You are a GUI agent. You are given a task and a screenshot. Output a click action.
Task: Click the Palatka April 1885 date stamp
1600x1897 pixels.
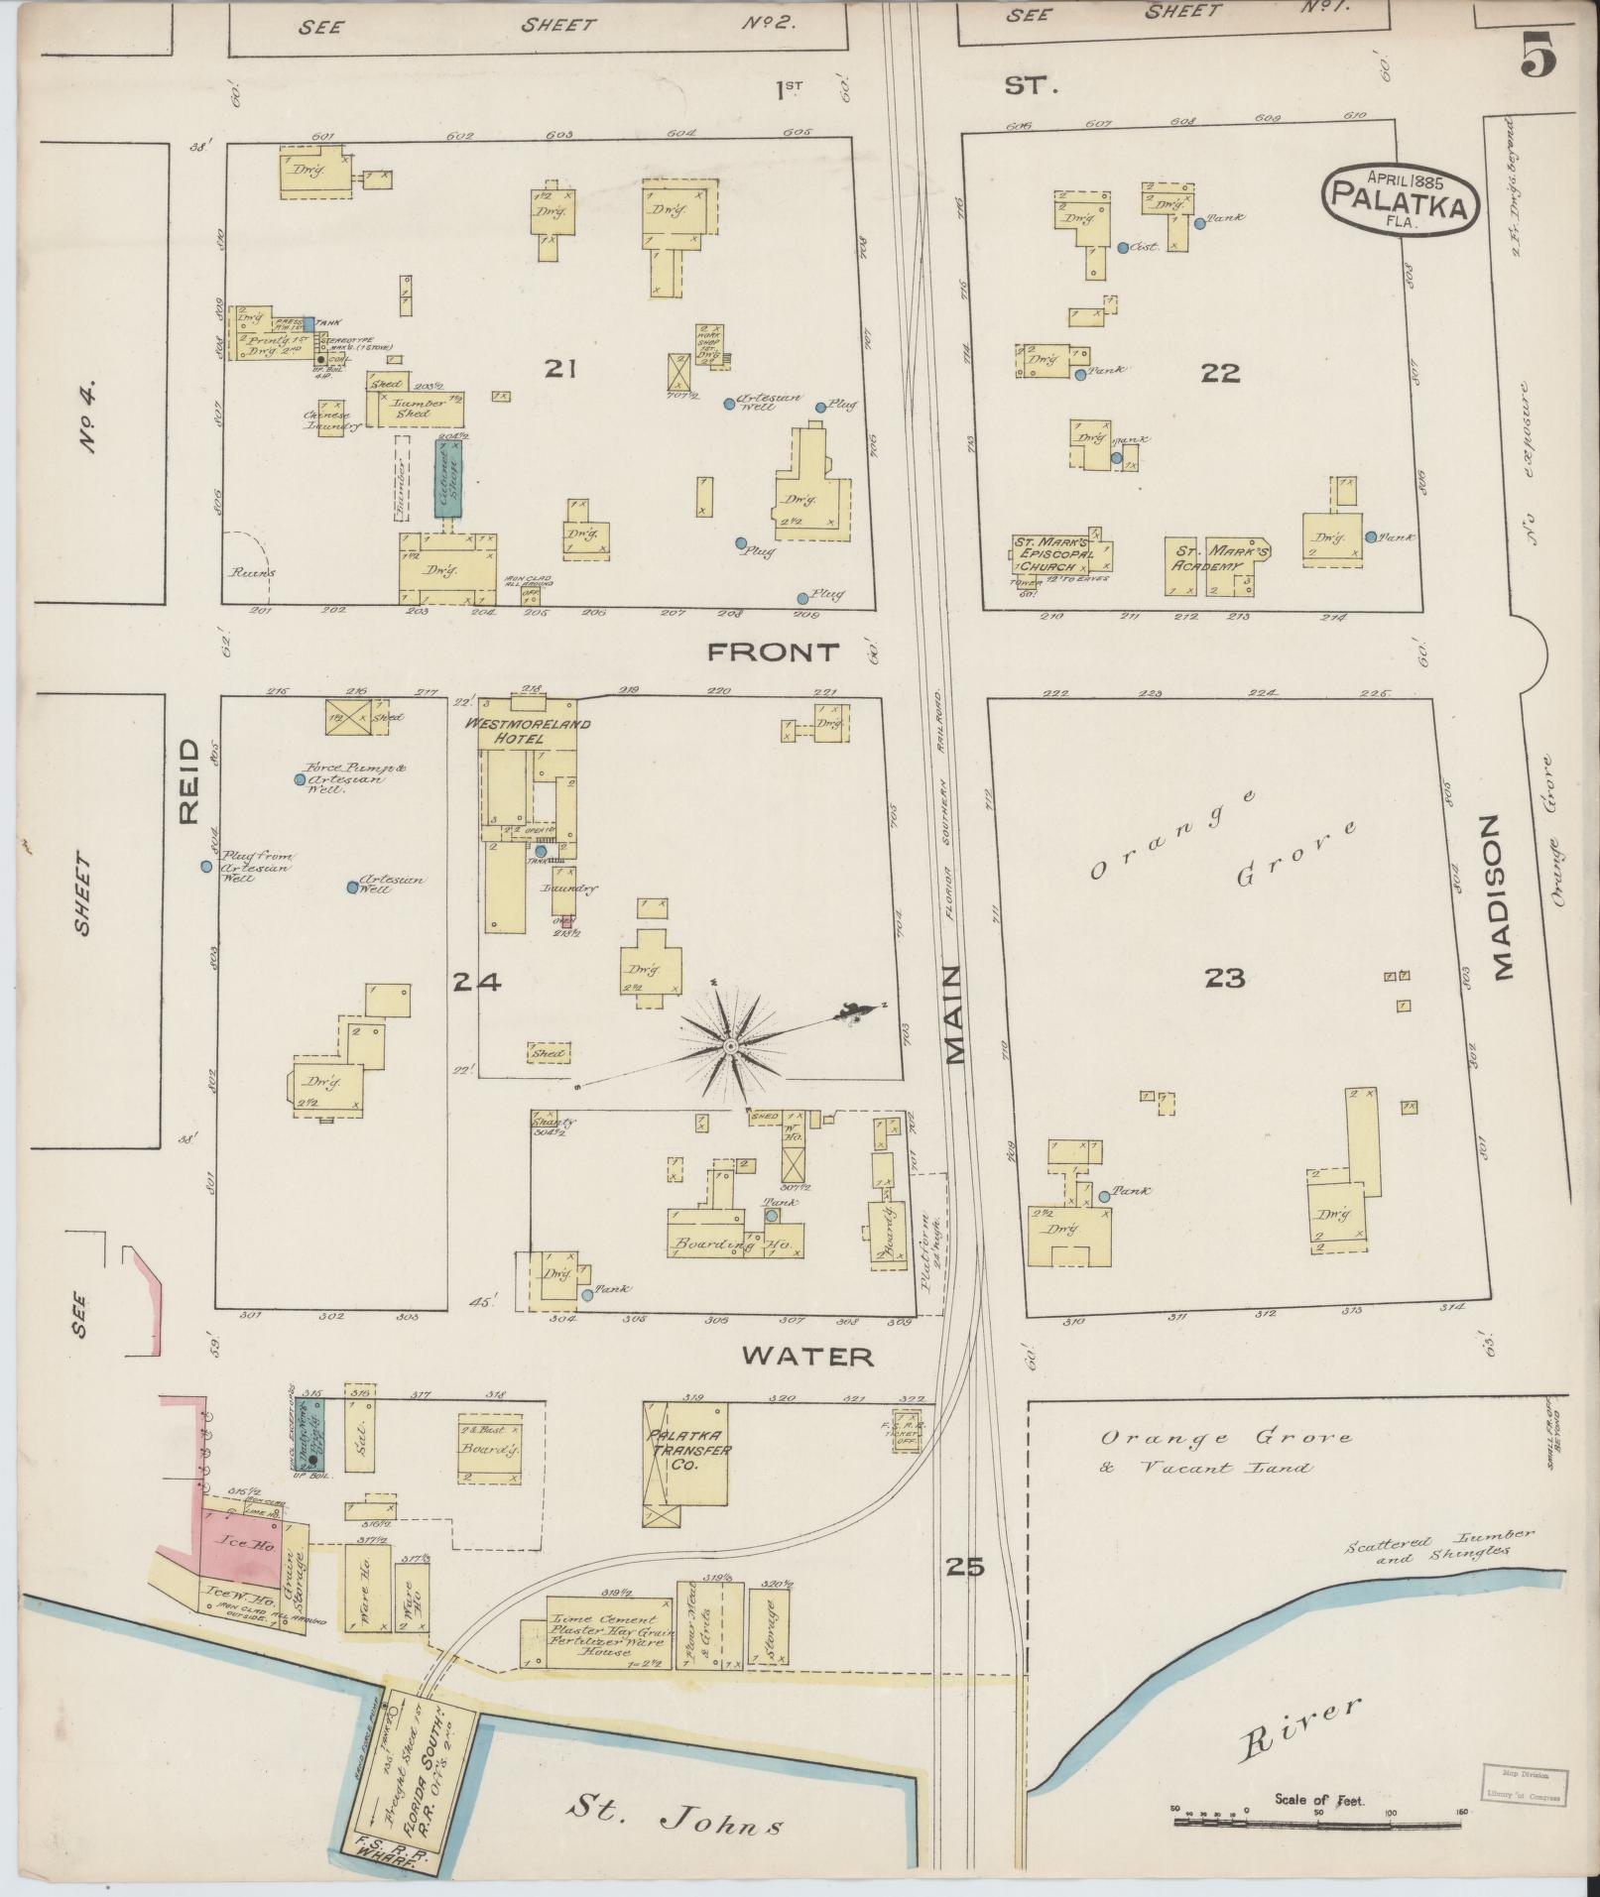pos(1400,198)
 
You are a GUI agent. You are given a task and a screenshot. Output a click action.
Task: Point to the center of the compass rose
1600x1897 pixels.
pos(730,1046)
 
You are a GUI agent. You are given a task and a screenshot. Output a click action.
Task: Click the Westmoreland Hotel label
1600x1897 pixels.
pos(529,731)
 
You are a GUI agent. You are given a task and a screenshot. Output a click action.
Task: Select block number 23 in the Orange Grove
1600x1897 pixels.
pos(1224,979)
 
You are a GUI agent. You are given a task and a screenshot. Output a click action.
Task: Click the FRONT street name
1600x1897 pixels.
pos(773,652)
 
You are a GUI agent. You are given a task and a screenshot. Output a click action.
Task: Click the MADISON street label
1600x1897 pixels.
pos(1503,898)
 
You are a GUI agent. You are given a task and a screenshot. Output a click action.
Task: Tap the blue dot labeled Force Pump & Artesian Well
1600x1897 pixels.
pos(299,779)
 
